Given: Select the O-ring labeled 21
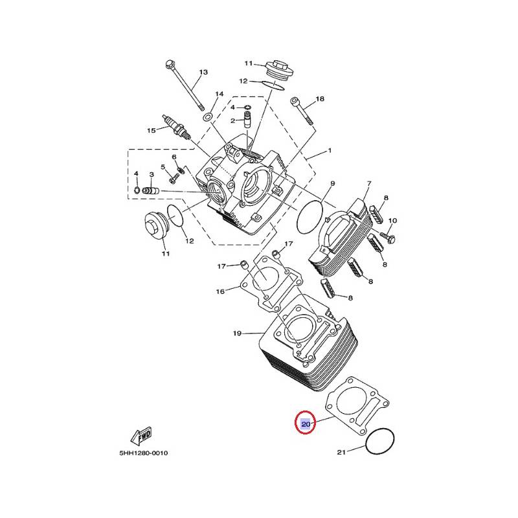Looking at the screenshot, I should pyautogui.click(x=380, y=443).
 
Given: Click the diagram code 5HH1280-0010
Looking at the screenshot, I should pyautogui.click(x=143, y=453).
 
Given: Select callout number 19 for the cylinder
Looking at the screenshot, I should pyautogui.click(x=237, y=333).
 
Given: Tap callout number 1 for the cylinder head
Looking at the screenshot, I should pyautogui.click(x=329, y=150).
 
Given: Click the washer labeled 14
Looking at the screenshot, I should pyautogui.click(x=207, y=117).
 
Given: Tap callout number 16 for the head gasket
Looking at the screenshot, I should pyautogui.click(x=220, y=291).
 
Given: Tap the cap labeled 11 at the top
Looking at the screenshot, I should pyautogui.click(x=276, y=68).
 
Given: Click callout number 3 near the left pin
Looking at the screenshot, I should pyautogui.click(x=151, y=174).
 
